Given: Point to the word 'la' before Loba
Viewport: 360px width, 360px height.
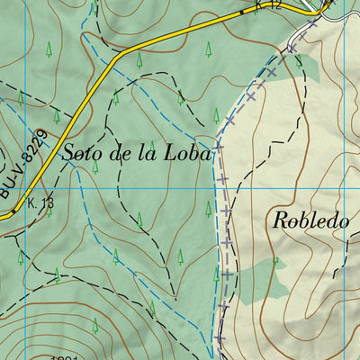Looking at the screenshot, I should coord(150,152).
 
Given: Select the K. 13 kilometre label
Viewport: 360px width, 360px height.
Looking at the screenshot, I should coord(40,202).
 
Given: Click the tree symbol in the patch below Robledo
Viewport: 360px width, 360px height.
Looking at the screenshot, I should coord(276,263).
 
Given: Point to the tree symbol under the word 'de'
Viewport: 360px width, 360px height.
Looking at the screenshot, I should coord(94,167).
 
